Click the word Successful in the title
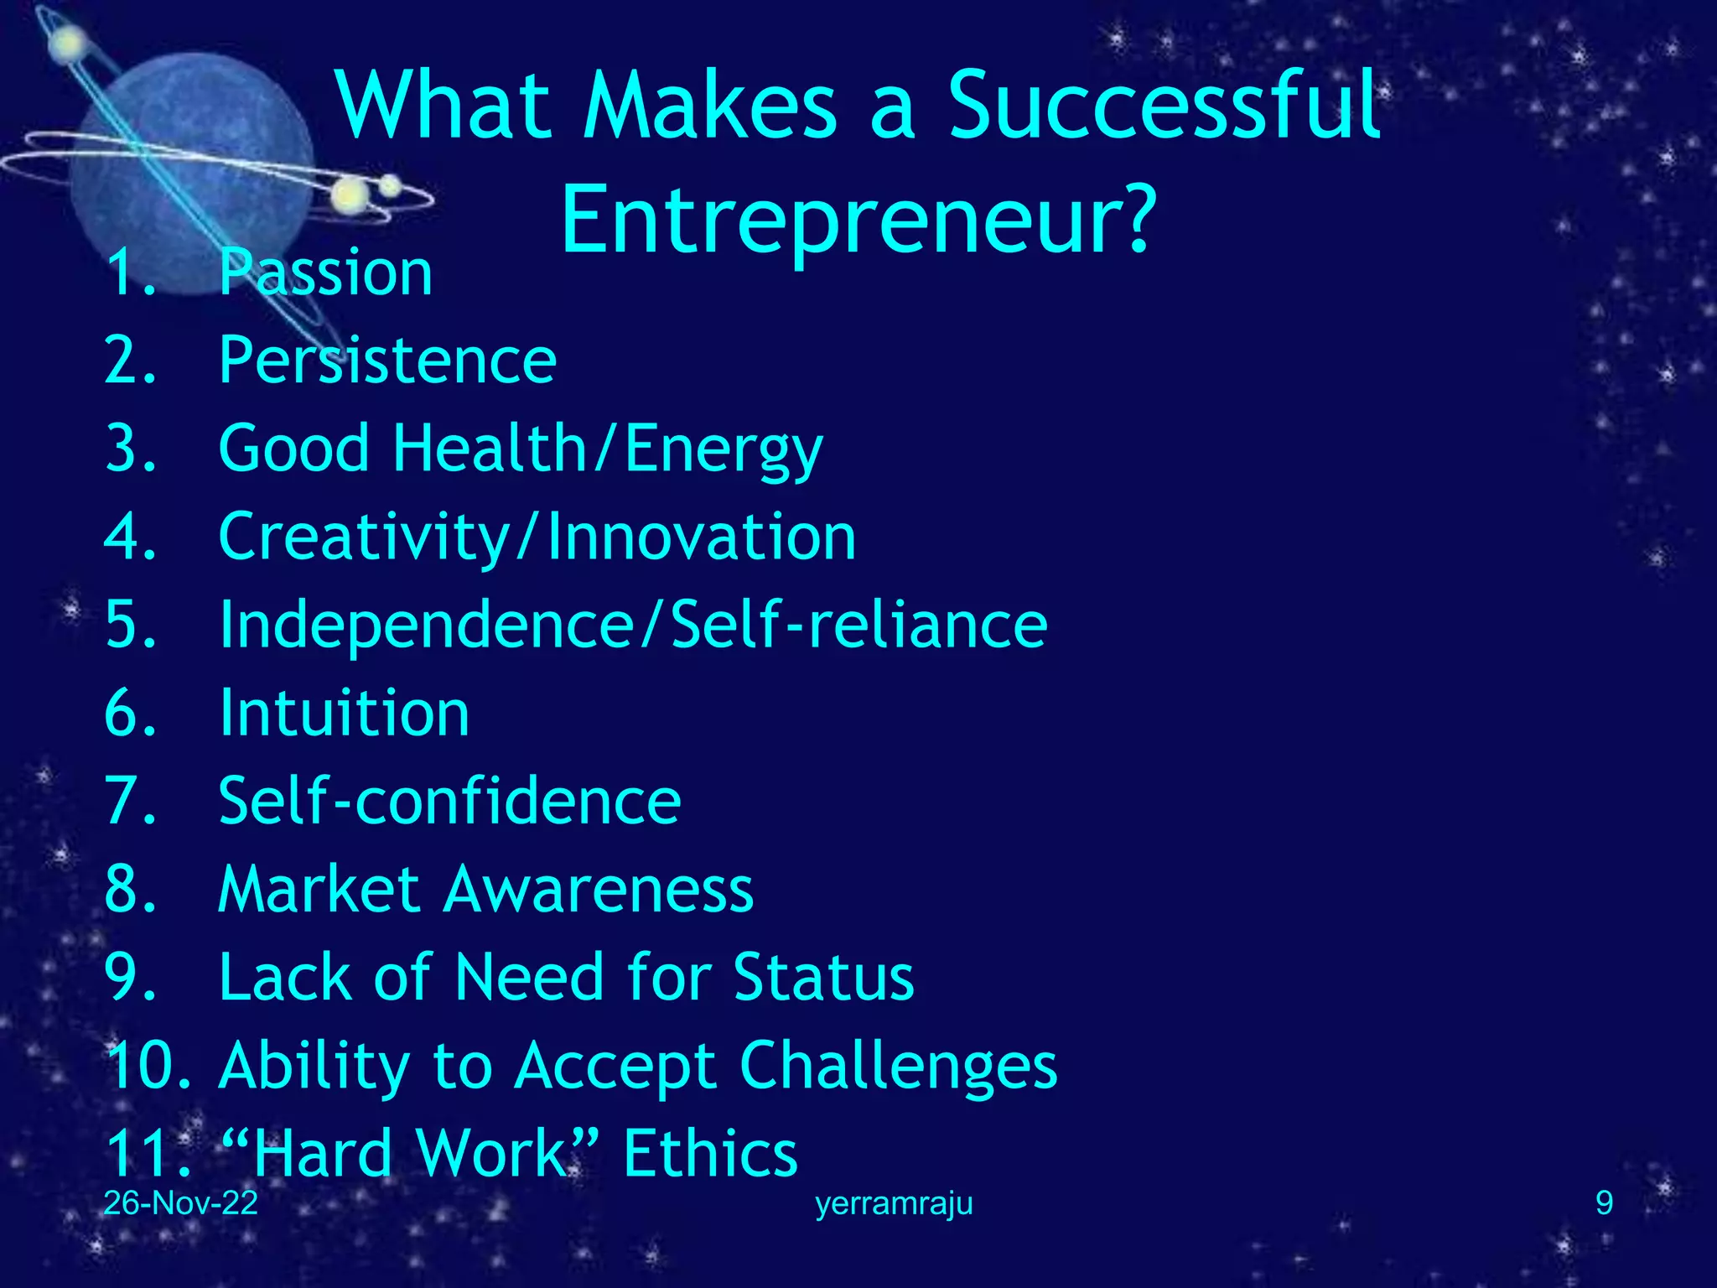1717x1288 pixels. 1164,106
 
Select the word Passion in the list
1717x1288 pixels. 325,273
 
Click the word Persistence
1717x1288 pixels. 387,361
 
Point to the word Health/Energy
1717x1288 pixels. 608,449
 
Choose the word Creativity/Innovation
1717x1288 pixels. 537,538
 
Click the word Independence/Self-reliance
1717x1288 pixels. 633,626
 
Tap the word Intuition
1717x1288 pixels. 344,714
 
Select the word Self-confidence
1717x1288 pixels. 449,802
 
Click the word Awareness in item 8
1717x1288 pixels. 599,890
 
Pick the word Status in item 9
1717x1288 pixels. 823,978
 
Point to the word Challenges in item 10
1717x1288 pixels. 898,1067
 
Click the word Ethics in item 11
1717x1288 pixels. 710,1155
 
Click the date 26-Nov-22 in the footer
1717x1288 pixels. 180,1203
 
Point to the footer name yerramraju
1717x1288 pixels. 894,1204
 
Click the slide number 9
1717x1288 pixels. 1604,1203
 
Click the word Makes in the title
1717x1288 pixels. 710,106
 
